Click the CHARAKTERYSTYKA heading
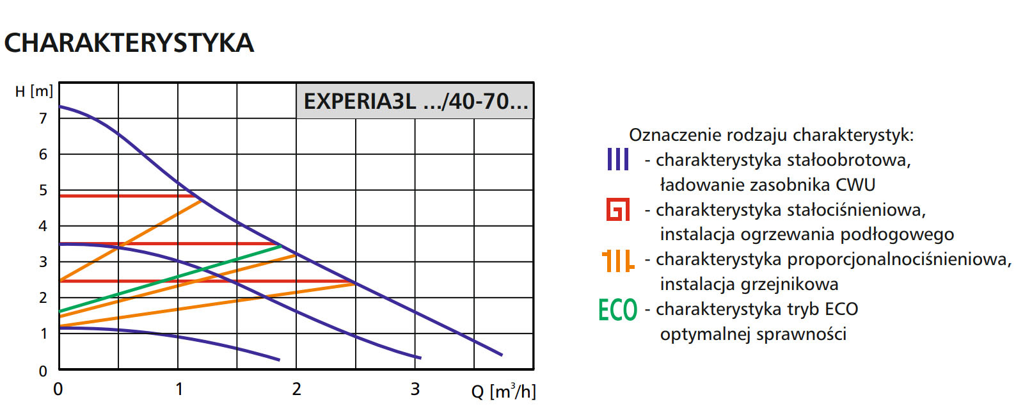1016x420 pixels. pyautogui.click(x=129, y=43)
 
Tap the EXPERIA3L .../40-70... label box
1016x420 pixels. pyautogui.click(x=415, y=101)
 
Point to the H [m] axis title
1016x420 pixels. pyautogui.click(x=34, y=92)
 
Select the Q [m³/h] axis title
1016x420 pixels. pyautogui.click(x=504, y=391)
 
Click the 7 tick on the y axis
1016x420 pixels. pyautogui.click(x=43, y=118)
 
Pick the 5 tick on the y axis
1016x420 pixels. pyautogui.click(x=43, y=190)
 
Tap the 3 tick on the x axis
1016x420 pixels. pyautogui.click(x=415, y=389)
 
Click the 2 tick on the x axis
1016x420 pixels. pyautogui.click(x=296, y=389)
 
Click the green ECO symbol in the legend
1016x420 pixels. pyautogui.click(x=617, y=310)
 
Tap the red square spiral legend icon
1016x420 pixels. pyautogui.click(x=617, y=209)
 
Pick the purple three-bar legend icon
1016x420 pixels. pyautogui.click(x=617, y=159)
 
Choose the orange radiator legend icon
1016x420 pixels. pyautogui.click(x=617, y=260)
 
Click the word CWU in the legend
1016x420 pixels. pyautogui.click(x=855, y=184)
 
